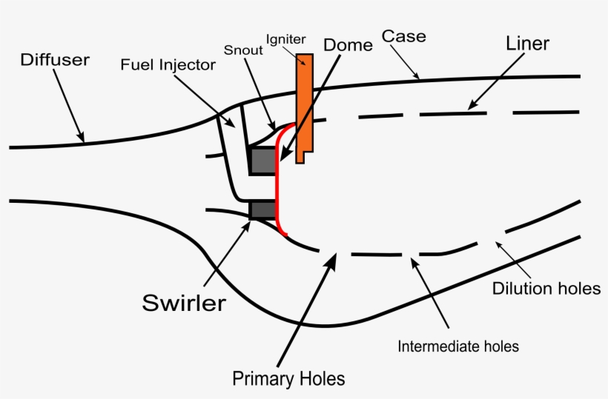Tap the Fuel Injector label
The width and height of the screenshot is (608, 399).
168,65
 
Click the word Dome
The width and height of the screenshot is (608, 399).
348,44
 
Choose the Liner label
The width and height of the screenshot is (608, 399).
527,44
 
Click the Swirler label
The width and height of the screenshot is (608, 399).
184,303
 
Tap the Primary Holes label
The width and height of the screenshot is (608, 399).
288,378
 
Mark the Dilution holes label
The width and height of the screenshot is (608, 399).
546,289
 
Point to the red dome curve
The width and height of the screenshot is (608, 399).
277,185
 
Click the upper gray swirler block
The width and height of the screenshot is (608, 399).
262,161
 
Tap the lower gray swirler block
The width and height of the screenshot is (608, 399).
262,210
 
